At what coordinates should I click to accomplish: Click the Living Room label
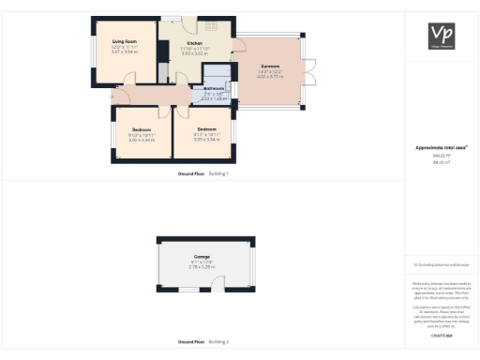click(125, 41)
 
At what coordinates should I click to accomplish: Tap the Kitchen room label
click(194, 43)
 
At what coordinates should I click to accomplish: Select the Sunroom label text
click(270, 66)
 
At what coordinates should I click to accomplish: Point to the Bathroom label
click(215, 88)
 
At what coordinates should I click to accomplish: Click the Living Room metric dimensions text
click(125, 52)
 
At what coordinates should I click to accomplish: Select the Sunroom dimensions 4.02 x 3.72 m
click(270, 77)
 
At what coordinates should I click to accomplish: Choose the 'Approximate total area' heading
click(441, 147)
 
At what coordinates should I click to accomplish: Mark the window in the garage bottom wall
click(184, 291)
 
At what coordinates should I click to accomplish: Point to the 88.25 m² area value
click(441, 161)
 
